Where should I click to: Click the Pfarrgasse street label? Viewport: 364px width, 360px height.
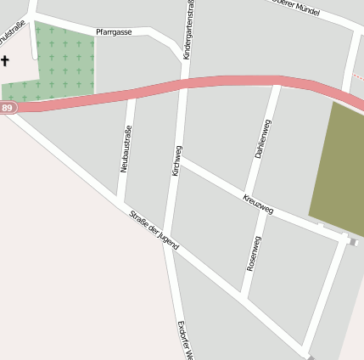coord(114,31)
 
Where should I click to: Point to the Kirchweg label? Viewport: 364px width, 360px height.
coord(176,160)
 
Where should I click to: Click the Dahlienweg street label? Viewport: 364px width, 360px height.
coord(263,140)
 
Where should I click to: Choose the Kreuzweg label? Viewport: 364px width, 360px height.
coord(257,204)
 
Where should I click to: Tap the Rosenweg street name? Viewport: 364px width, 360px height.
coord(253,253)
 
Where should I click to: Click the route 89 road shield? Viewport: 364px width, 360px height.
coord(8,108)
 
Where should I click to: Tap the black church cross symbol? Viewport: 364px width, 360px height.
coord(5,61)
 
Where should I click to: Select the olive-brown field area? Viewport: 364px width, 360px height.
coord(338,170)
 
